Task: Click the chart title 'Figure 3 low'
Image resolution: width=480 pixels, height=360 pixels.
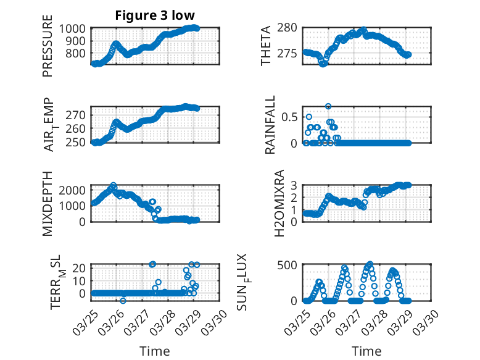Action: coord(154,15)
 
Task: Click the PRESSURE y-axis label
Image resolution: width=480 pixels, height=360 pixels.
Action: coord(48,50)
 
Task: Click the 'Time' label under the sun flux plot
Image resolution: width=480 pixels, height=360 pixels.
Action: coord(366,351)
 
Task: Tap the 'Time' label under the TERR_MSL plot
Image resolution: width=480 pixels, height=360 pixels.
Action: coord(154,351)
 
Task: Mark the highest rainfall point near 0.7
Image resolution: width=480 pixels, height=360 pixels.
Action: coord(328,106)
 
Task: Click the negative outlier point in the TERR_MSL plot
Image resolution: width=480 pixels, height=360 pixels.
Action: coord(123,301)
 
